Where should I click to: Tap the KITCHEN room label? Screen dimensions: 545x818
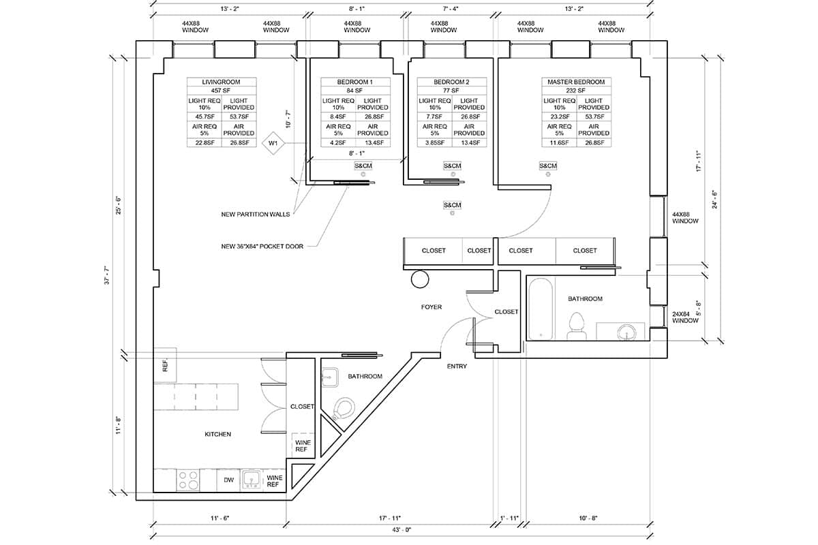click(x=218, y=434)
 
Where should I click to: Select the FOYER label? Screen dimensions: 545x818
click(x=431, y=307)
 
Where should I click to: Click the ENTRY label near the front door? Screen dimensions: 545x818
click(x=457, y=367)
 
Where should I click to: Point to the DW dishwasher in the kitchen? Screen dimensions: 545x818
click(x=229, y=480)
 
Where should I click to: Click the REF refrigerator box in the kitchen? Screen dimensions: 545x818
click(x=165, y=364)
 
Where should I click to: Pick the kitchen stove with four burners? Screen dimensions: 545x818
click(x=187, y=480)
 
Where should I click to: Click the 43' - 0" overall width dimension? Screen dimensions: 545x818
click(x=402, y=530)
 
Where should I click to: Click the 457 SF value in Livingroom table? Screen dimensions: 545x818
click(x=222, y=90)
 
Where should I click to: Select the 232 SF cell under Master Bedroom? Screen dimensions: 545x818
click(x=576, y=90)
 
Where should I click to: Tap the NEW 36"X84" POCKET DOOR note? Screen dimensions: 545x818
click(x=262, y=247)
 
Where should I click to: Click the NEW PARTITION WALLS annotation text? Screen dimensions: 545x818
click(x=255, y=214)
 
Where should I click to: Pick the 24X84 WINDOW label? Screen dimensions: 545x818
click(x=685, y=317)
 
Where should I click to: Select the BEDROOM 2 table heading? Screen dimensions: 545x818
click(x=451, y=82)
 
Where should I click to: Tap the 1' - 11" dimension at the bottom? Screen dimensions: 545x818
click(x=509, y=518)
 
